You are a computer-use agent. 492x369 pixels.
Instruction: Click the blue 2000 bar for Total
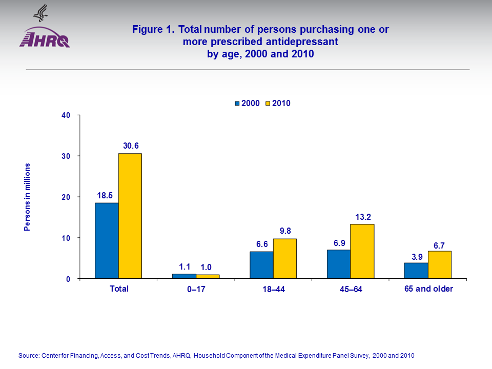[x=107, y=241]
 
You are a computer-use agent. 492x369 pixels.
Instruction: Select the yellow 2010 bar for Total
[x=130, y=216]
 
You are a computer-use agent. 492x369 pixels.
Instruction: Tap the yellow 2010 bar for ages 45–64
[x=362, y=251]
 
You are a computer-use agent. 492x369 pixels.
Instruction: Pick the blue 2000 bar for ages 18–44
[x=261, y=265]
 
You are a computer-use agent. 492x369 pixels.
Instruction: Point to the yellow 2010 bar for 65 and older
[x=440, y=264]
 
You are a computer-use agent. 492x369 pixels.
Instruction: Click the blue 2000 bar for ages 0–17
[x=184, y=276]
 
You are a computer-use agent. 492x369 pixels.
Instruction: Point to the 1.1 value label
[x=185, y=266]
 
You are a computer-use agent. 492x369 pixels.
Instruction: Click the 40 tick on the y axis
[x=65, y=115]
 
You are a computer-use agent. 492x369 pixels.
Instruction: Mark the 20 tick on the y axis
[x=65, y=197]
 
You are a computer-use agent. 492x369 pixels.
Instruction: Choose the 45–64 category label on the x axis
[x=351, y=290]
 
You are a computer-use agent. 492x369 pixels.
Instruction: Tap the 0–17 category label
[x=196, y=290]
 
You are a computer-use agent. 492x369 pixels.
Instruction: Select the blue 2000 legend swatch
[x=237, y=104]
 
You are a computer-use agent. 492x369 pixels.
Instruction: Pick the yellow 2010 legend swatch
[x=268, y=104]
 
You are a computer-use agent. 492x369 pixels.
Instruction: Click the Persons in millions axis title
[x=28, y=197]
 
